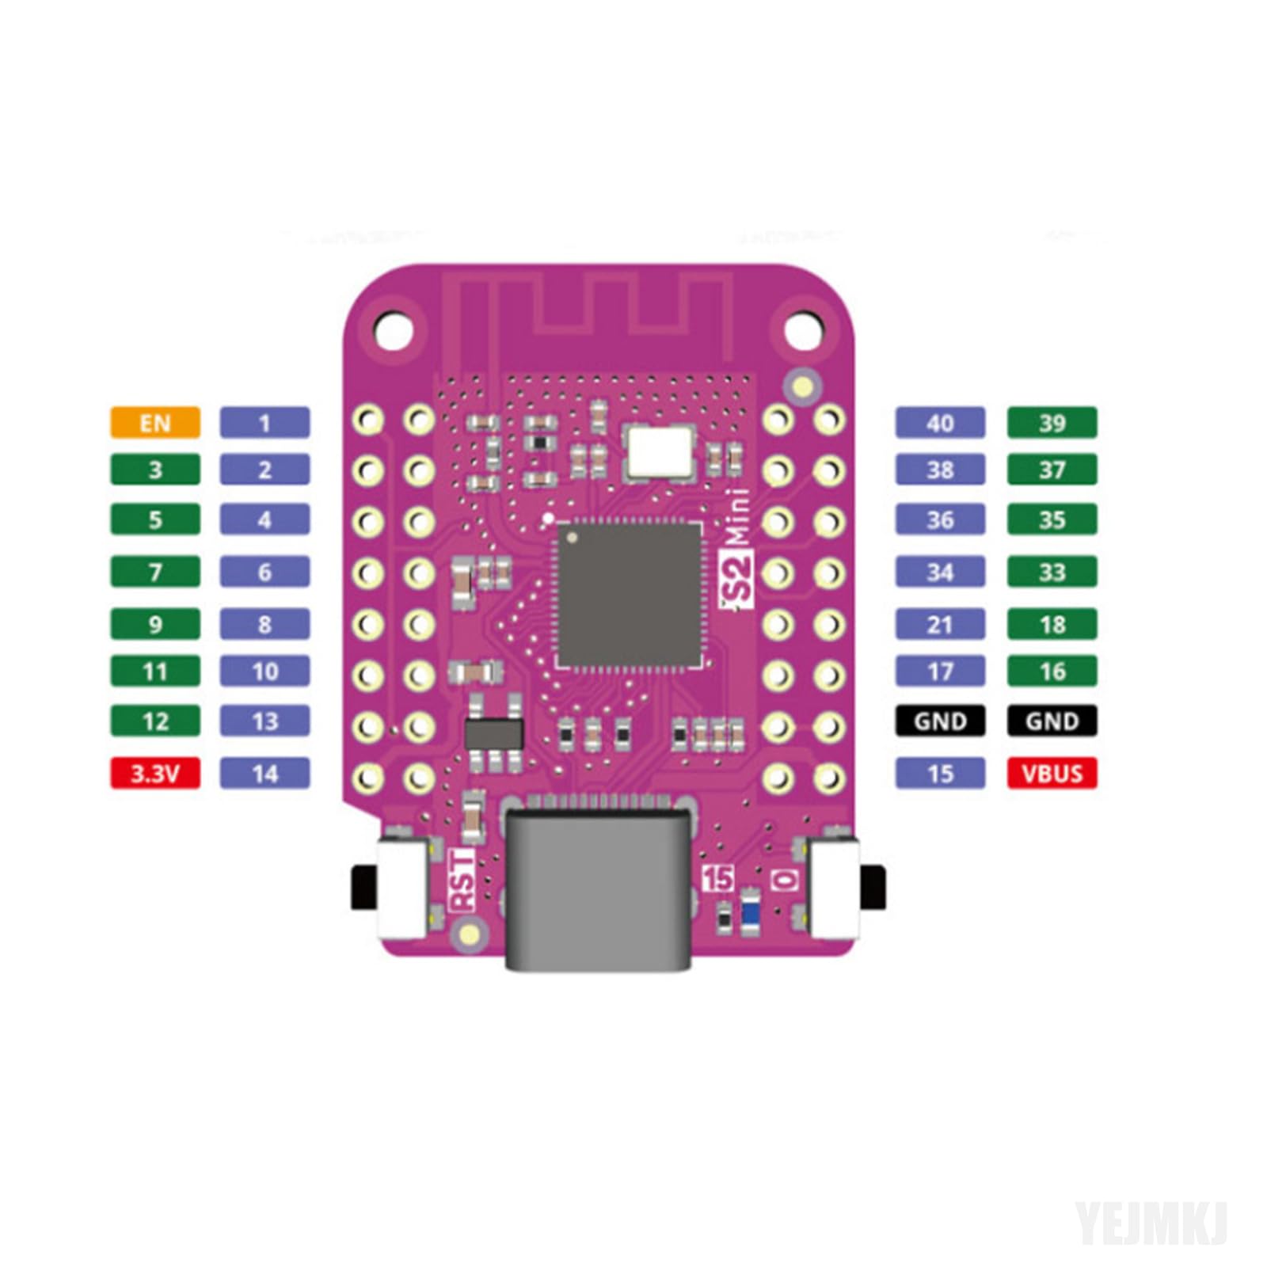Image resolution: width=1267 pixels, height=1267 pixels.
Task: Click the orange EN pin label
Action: [x=154, y=422]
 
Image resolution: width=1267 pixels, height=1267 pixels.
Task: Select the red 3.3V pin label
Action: [x=154, y=773]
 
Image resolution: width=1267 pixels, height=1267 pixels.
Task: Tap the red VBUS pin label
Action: [x=1052, y=773]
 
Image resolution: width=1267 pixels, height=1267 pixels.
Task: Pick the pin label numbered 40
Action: [x=940, y=422]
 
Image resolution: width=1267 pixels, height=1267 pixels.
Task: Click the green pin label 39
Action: [x=1052, y=422]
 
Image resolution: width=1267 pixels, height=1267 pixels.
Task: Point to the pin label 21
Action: [x=940, y=624]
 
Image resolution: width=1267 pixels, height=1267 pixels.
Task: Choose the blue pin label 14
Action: [x=264, y=773]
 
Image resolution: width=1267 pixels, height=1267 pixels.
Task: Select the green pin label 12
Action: [x=154, y=721]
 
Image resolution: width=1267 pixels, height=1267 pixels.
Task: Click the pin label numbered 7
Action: [x=154, y=571]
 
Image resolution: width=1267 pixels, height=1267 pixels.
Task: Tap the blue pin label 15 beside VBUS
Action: [x=940, y=773]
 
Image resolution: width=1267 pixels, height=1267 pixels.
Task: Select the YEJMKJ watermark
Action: [x=1150, y=1223]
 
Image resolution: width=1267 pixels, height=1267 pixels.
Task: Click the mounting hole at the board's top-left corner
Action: [x=393, y=329]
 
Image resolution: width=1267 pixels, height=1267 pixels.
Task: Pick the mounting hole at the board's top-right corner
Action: [x=801, y=329]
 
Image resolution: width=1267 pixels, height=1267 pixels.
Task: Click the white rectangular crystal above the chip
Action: [x=658, y=451]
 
